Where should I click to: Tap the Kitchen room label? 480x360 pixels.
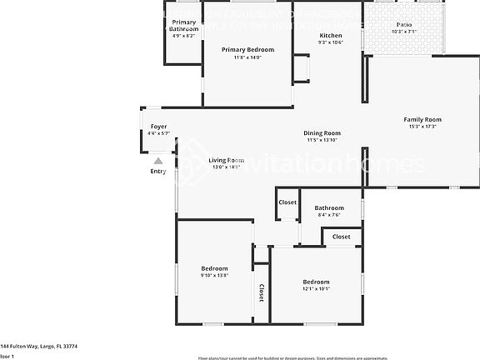click(331, 35)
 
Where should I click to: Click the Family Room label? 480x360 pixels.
click(422, 119)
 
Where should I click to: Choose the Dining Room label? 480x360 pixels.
click(322, 132)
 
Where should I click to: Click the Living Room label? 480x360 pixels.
click(226, 160)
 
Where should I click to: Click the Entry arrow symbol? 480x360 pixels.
click(158, 161)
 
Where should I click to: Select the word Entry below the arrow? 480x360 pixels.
click(158, 172)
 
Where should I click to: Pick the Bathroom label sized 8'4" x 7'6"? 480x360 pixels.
click(329, 207)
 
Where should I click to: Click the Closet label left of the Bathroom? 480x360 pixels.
click(287, 202)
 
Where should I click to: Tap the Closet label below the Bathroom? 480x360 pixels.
click(342, 237)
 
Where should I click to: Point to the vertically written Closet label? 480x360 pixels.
click(261, 292)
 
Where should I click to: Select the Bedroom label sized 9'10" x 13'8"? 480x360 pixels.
click(214, 267)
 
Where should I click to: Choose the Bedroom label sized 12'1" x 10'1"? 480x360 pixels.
click(316, 282)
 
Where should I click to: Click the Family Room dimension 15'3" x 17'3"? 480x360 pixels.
click(422, 127)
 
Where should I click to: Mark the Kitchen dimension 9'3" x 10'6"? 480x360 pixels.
click(331, 42)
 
